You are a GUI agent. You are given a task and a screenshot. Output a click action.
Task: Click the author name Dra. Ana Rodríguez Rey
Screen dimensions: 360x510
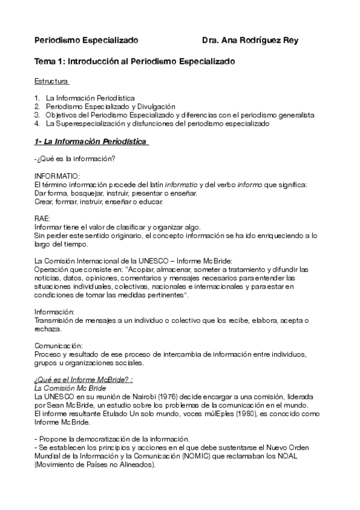[x=250, y=40]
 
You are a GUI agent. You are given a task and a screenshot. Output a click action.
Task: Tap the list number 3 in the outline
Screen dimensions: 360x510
[x=37, y=114]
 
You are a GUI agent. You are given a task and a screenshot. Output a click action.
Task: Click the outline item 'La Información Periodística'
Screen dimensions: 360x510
[x=90, y=97]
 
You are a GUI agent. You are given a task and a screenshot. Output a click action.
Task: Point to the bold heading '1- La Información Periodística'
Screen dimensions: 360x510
[x=91, y=141]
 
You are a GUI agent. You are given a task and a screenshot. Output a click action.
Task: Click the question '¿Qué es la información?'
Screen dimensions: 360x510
[x=76, y=159]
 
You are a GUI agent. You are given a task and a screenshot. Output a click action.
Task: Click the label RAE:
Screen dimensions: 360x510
[x=43, y=218]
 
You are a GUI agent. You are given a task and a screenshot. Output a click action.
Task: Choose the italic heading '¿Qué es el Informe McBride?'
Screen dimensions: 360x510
[x=83, y=380]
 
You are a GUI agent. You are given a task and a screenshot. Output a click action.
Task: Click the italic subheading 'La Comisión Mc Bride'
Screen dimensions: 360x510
[x=70, y=389]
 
